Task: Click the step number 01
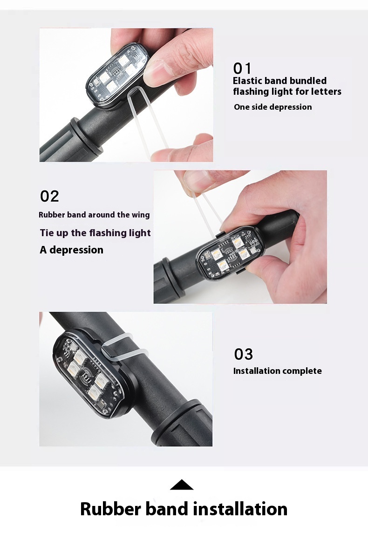coord(242,68)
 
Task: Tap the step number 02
coord(49,196)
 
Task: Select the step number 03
coord(244,354)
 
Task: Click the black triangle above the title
coord(182,485)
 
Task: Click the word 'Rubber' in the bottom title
coord(110,509)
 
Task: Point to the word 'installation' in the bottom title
coord(240,509)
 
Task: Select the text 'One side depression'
coord(273,107)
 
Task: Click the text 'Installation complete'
coord(278,371)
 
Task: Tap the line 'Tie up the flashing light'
coord(95,233)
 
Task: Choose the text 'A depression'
coord(72,250)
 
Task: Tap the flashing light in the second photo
coord(231,254)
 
